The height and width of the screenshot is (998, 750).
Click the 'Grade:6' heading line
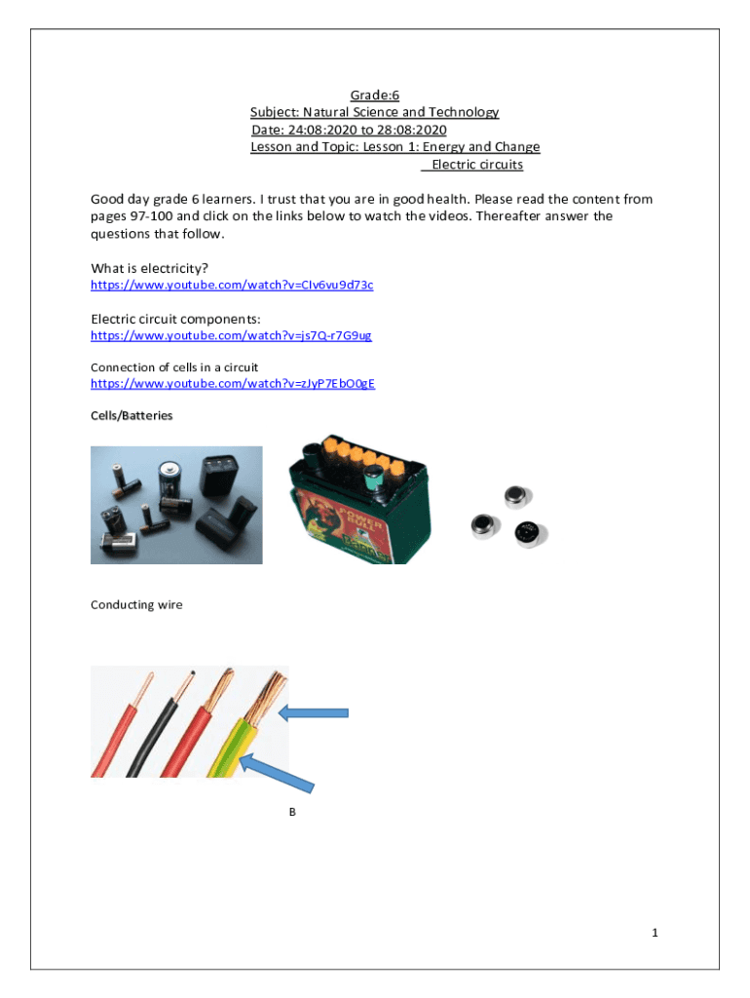coord(375,95)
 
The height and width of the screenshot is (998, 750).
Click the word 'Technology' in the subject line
coord(462,112)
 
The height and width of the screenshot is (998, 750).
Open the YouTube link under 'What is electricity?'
coord(232,285)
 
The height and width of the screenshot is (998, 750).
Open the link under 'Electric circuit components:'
coord(231,335)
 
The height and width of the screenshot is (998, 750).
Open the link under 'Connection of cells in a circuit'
coord(232,384)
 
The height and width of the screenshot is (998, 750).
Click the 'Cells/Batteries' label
coord(131,415)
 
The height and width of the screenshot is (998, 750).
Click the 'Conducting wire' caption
coord(136,605)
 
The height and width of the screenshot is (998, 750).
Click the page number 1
coord(656,933)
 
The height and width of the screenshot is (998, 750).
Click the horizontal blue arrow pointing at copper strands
coord(314,713)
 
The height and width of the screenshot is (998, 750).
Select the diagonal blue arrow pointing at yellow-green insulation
coord(278,771)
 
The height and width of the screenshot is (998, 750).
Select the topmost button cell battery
coord(514,499)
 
